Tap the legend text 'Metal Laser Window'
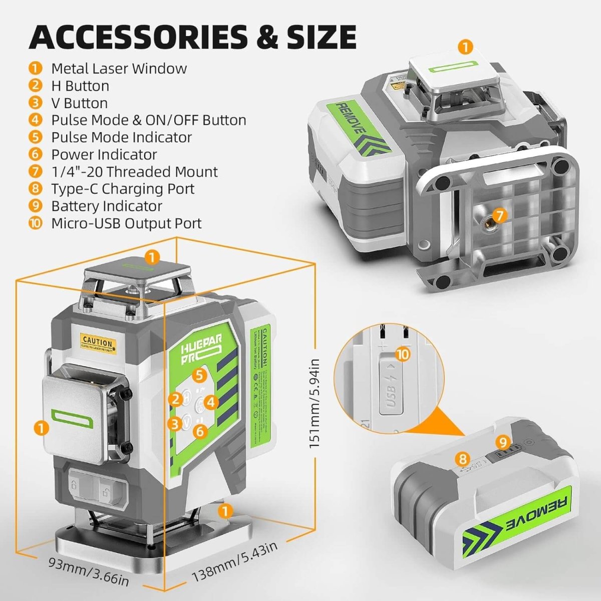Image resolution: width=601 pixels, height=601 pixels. tap(119, 69)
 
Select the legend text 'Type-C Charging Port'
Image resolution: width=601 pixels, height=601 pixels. tap(123, 189)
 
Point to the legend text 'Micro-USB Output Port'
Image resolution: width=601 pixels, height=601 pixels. tap(126, 223)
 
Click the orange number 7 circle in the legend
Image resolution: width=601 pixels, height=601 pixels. tap(36, 172)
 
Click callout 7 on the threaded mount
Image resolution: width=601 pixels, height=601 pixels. tap(499, 216)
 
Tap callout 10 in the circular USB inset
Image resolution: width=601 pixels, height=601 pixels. tap(403, 355)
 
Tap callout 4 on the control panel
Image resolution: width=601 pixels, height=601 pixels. tap(211, 402)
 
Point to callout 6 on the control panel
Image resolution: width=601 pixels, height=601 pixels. tap(200, 430)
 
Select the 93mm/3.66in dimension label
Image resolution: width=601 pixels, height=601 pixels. tap(88, 570)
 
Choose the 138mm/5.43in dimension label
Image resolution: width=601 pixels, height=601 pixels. tap(235, 561)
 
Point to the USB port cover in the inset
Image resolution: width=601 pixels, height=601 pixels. tap(392, 384)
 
